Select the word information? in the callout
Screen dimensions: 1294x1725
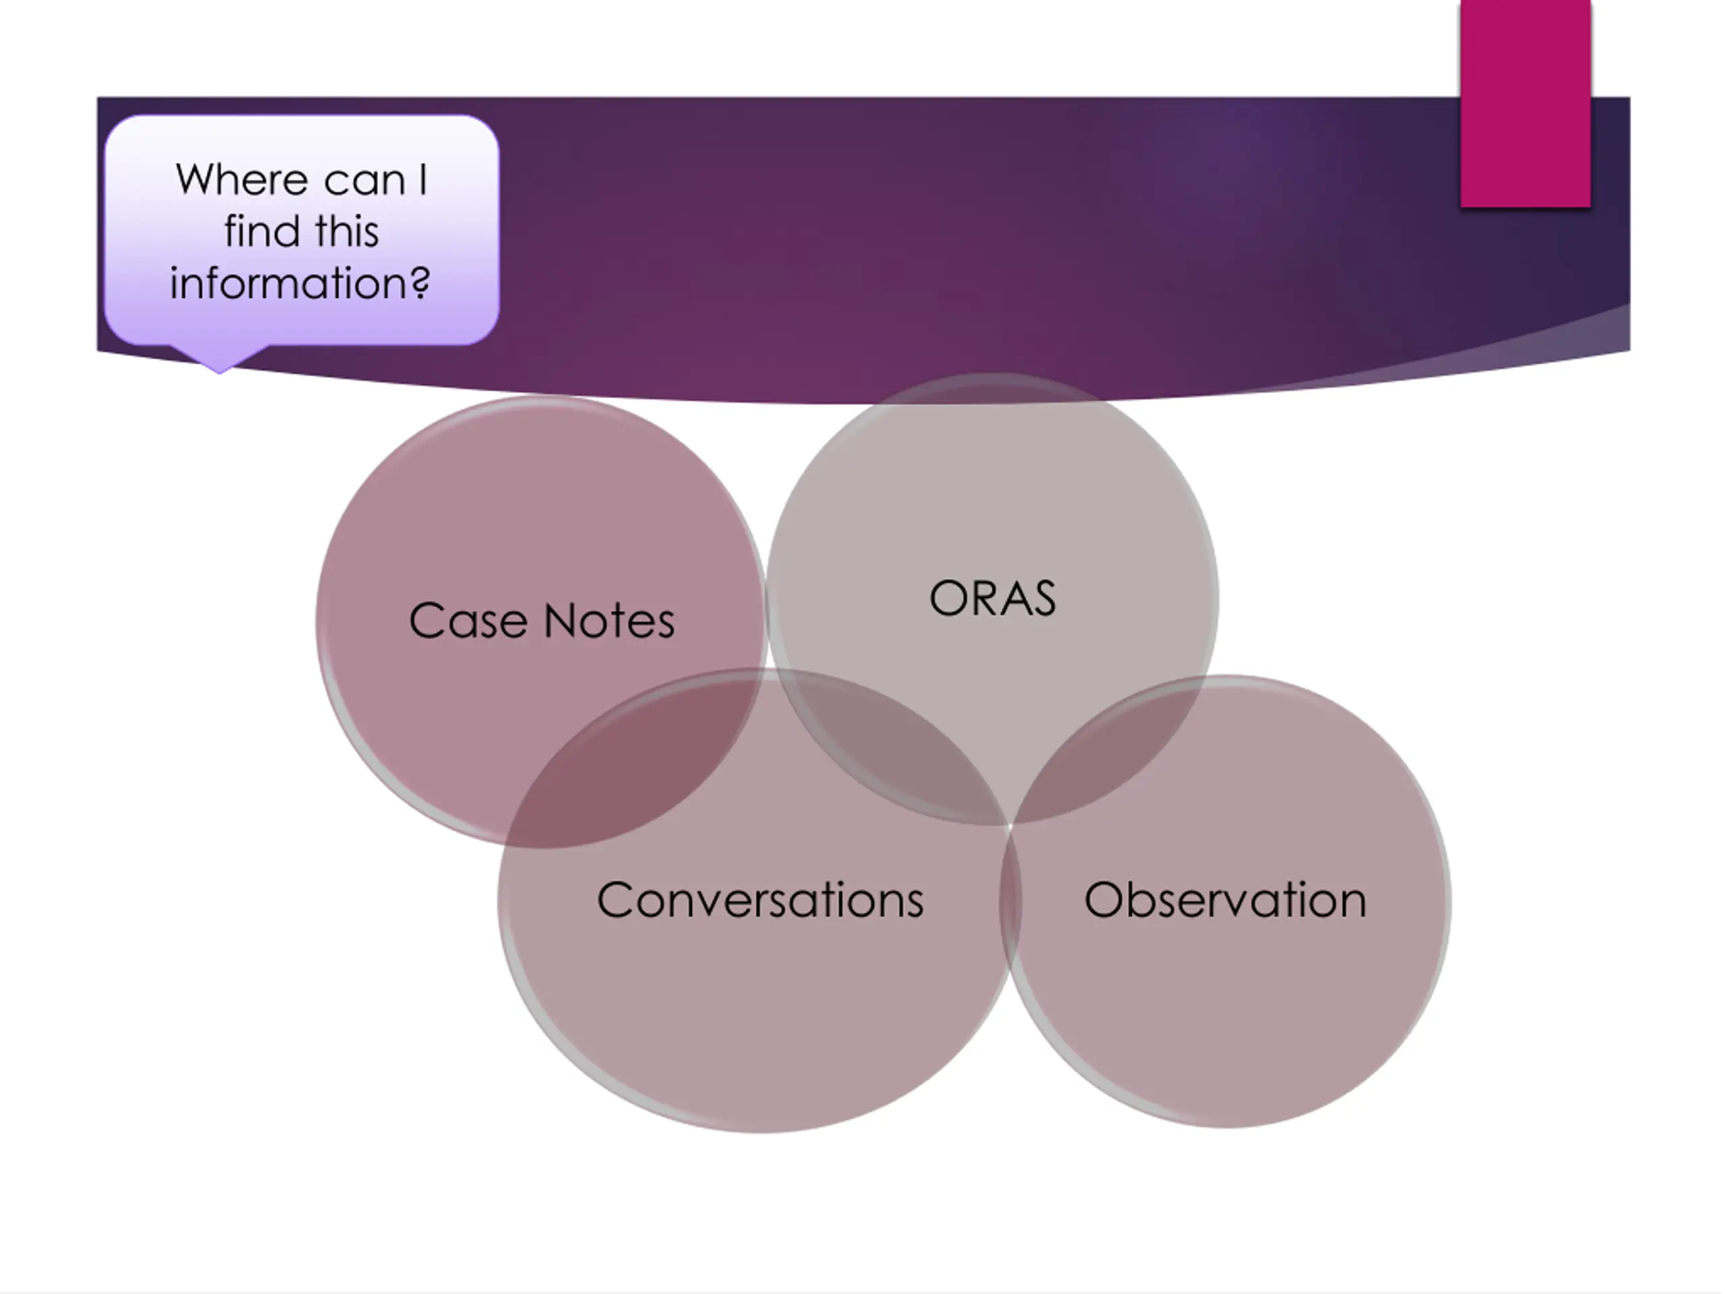click(x=301, y=283)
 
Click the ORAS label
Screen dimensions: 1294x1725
click(x=992, y=599)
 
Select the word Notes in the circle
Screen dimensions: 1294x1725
click(x=609, y=621)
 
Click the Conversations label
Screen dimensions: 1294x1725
click(x=759, y=900)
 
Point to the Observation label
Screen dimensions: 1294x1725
click(x=1225, y=900)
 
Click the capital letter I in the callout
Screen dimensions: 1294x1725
click(x=422, y=180)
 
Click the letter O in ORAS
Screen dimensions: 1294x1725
click(x=948, y=599)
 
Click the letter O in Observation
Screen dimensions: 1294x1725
click(x=1104, y=900)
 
